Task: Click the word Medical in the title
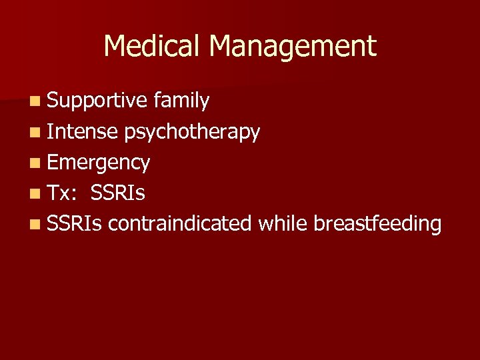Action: point(153,46)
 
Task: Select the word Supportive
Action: point(97,101)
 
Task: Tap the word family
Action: point(181,101)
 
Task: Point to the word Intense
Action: point(83,132)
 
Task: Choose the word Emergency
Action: point(99,163)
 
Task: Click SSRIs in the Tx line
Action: point(117,193)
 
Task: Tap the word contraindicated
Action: point(179,224)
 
